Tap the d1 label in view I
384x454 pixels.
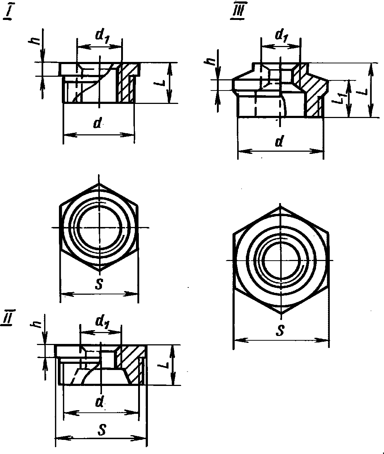(x=102, y=37)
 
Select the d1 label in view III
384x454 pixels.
(x=282, y=35)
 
